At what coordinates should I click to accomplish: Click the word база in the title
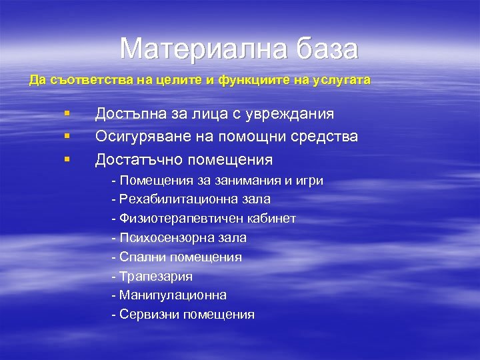(x=324, y=49)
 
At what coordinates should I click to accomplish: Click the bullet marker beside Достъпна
(x=67, y=113)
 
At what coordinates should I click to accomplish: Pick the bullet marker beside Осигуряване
(x=67, y=137)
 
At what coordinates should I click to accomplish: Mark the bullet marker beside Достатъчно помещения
(x=67, y=159)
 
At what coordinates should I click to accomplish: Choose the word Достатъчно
(x=139, y=160)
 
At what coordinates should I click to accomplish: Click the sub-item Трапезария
(x=156, y=276)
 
